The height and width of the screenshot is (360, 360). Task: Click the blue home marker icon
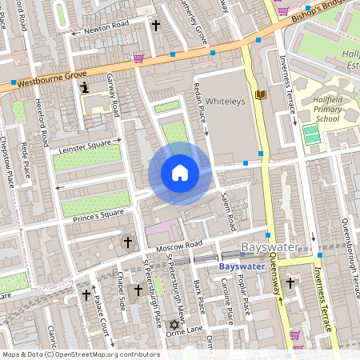click(180, 173)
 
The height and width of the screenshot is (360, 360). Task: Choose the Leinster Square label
click(83, 146)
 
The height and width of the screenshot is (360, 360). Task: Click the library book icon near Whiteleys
click(260, 95)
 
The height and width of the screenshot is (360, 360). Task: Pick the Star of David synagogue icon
click(172, 325)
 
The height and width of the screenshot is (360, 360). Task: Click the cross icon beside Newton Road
click(156, 26)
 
